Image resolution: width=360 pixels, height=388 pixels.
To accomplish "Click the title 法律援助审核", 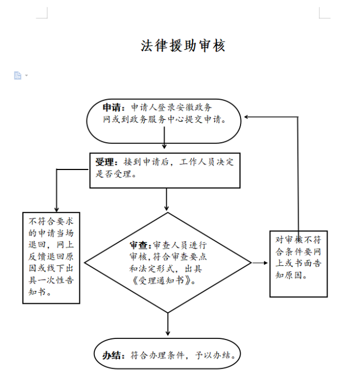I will (x=183, y=46).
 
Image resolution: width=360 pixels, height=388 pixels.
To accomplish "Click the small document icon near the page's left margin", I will (x=18, y=75).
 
